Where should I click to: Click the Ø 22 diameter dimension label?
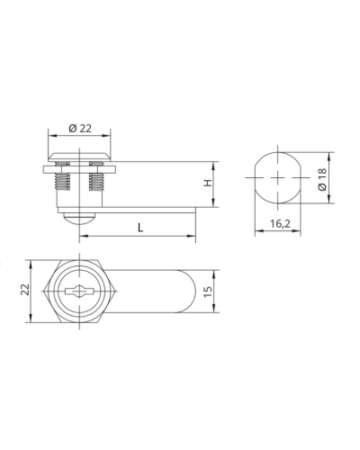pos(80,129)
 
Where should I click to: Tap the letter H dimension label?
pos(208,183)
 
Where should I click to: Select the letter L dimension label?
pos(140,228)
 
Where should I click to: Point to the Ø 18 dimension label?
pos(322,179)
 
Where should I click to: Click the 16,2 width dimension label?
pos(280,224)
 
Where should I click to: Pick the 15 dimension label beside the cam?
pos(208,292)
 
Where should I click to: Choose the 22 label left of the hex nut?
pos(25,290)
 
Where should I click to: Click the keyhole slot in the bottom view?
pos(80,291)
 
